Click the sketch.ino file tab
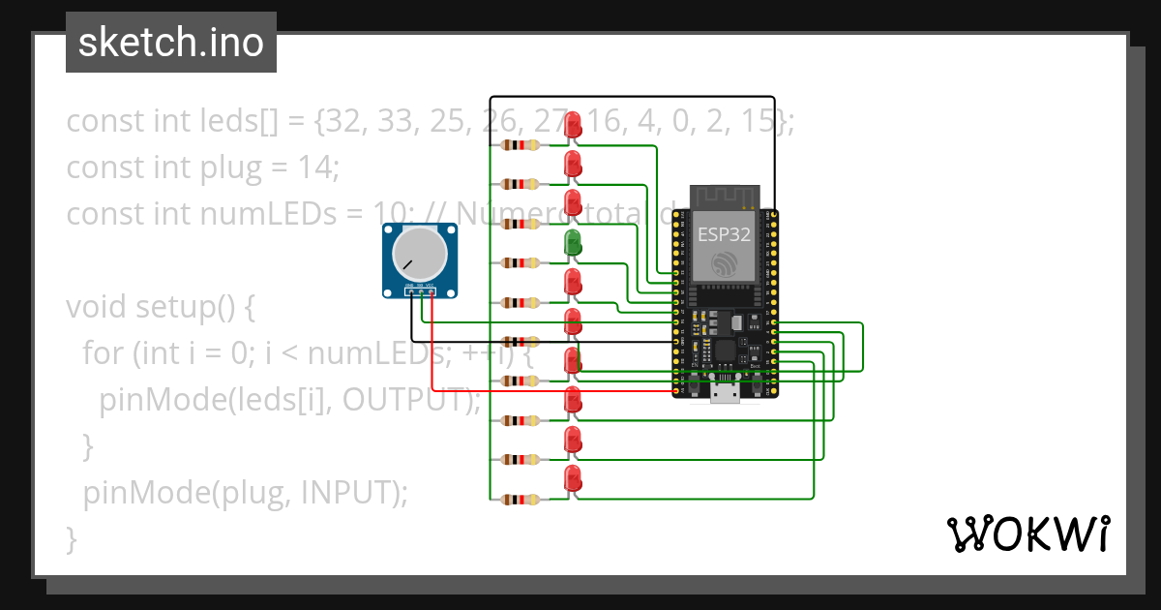coord(171,43)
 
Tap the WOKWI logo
coord(1027,534)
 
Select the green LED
coord(573,243)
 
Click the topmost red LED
coord(573,125)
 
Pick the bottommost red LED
coord(573,478)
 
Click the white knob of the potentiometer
coord(419,254)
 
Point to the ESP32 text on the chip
coord(724,233)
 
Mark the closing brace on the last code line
coord(72,538)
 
